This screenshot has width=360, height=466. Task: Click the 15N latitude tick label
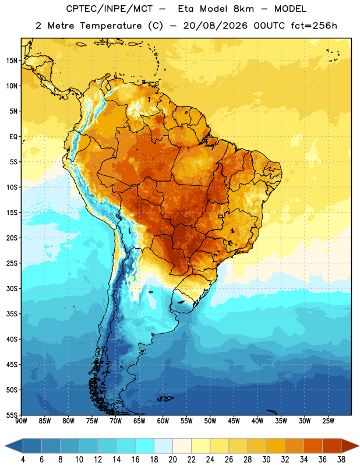click(x=12, y=61)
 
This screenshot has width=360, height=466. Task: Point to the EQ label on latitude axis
click(x=13, y=137)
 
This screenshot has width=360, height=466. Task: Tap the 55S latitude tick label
click(x=12, y=415)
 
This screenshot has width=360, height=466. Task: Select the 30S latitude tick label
click(x=12, y=288)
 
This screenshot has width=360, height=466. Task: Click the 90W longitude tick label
click(x=21, y=421)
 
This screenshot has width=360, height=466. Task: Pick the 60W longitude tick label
click(x=163, y=421)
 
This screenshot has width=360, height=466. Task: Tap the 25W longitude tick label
click(x=328, y=421)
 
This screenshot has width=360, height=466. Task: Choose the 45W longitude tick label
click(x=234, y=421)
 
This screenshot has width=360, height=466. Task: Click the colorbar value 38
click(x=341, y=460)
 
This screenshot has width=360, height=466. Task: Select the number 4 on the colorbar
click(x=23, y=460)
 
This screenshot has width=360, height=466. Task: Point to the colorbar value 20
click(x=172, y=460)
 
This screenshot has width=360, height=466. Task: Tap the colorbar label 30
click(x=266, y=460)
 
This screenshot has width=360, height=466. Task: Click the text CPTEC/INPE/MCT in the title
click(x=110, y=9)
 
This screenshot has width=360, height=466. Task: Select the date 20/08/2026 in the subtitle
click(x=215, y=26)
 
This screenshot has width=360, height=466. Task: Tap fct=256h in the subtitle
click(x=314, y=26)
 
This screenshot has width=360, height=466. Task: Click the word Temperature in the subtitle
click(x=111, y=26)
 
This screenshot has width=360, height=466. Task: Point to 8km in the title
click(x=243, y=9)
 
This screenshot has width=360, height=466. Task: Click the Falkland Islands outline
click(x=165, y=398)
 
